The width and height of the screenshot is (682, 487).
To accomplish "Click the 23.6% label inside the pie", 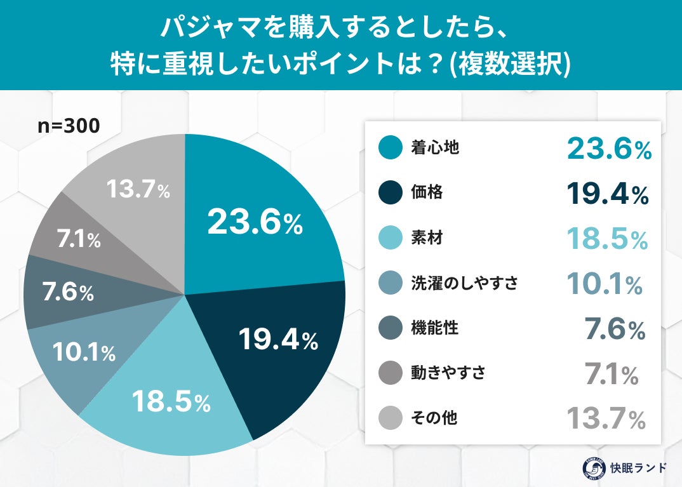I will (255, 222).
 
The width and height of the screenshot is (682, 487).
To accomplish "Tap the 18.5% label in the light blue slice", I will (171, 401).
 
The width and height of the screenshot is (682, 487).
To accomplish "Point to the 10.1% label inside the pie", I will (84, 352).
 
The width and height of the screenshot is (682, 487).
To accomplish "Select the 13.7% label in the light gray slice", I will (138, 190).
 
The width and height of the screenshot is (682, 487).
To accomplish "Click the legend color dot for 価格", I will (390, 193).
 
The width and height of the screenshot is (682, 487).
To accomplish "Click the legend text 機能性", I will (435, 328).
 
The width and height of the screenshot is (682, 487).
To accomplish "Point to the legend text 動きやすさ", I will (449, 373).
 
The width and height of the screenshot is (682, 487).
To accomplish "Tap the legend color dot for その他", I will (390, 418).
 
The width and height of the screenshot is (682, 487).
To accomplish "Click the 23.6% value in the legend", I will (609, 149).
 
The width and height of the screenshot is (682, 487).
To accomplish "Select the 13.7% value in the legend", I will (606, 419).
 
